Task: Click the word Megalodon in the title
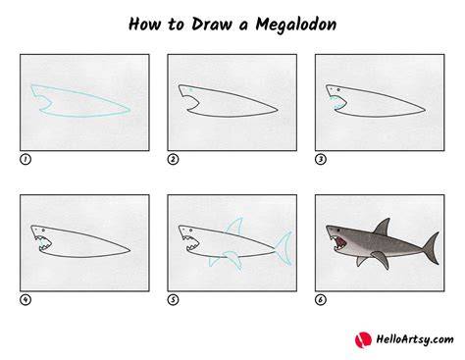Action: [x=295, y=25]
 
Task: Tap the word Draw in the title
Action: [x=212, y=25]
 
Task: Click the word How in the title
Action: [x=144, y=25]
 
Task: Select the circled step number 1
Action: [x=26, y=160]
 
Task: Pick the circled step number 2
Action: [x=173, y=160]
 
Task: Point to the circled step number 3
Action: [x=321, y=160]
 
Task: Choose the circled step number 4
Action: [x=26, y=299]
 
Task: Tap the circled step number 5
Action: [x=173, y=299]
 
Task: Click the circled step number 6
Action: [x=321, y=299]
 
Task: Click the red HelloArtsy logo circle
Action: [x=363, y=339]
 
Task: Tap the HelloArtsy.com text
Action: [x=415, y=339]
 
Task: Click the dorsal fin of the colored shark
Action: [x=384, y=228]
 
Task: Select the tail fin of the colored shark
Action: [x=432, y=248]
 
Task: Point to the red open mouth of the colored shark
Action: [x=338, y=242]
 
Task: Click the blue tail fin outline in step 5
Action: [x=284, y=248]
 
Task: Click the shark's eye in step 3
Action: [x=338, y=89]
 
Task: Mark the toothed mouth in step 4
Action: [x=44, y=243]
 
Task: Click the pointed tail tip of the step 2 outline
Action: [x=278, y=110]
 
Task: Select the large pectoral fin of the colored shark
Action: [x=382, y=259]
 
